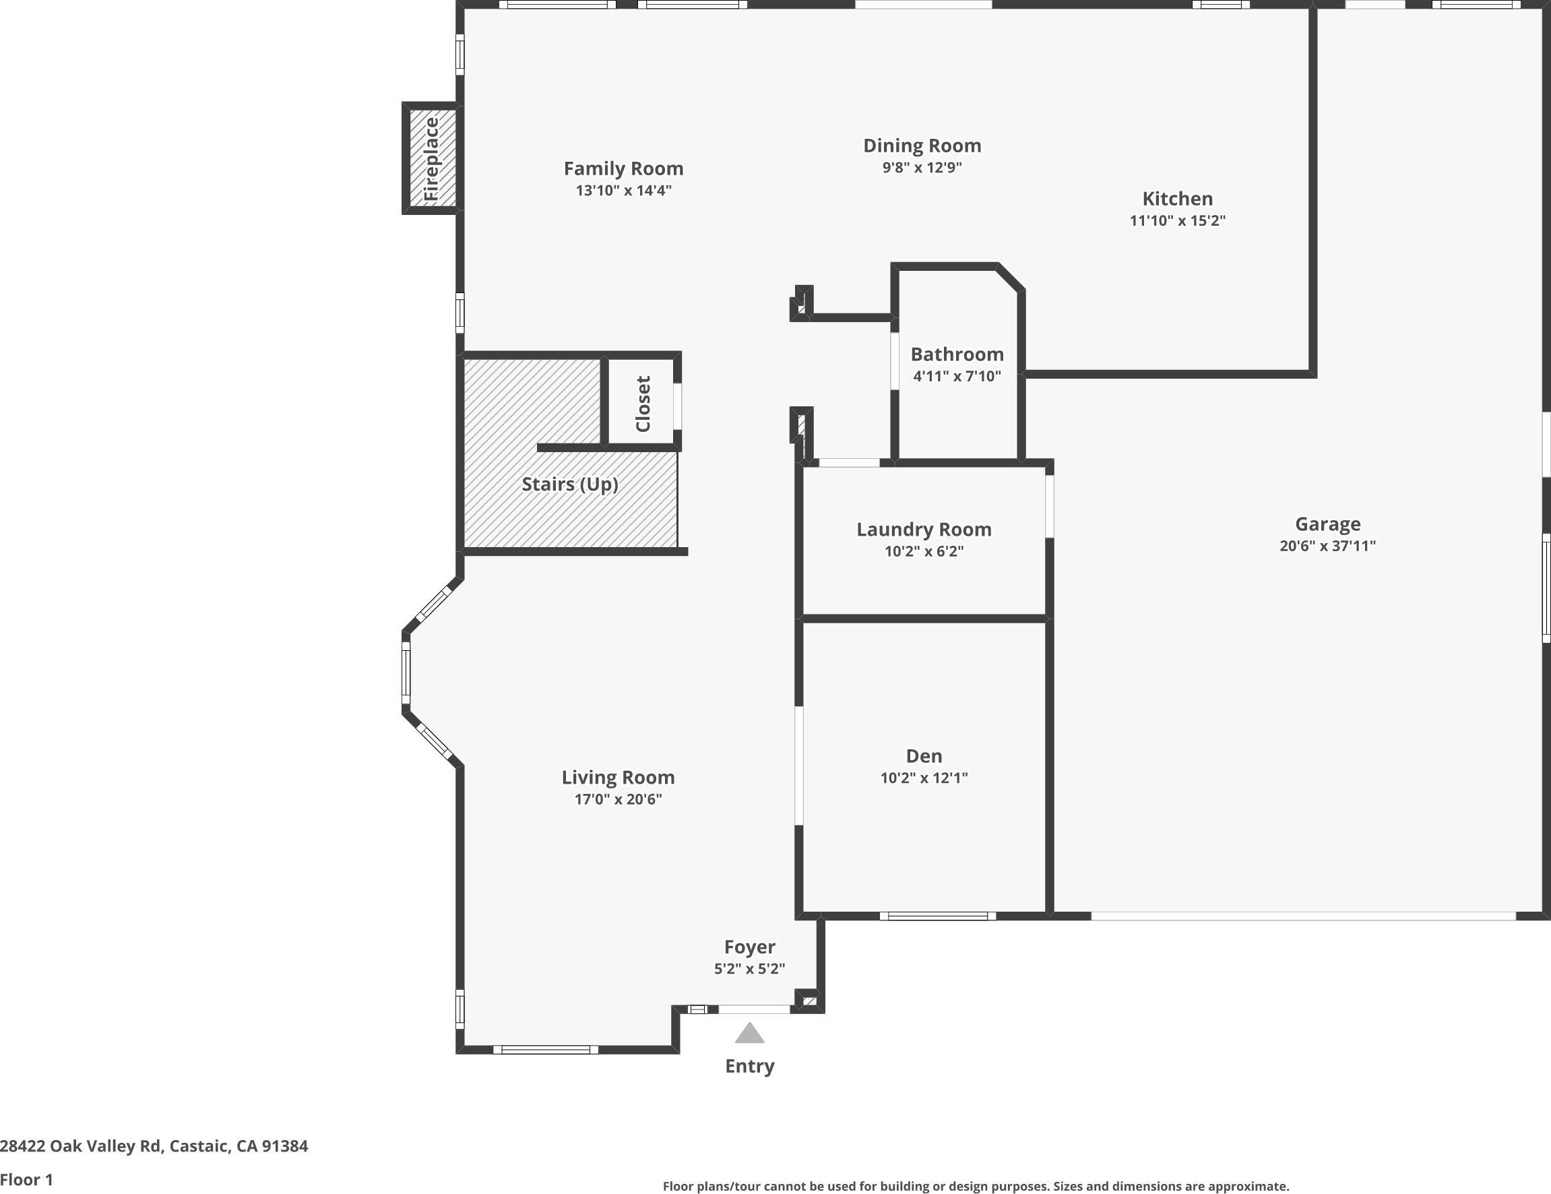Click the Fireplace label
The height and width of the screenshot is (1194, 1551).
431,158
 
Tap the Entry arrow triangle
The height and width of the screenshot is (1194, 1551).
749,1034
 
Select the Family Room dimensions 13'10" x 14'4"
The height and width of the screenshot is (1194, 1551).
623,191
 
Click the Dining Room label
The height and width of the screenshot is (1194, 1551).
922,146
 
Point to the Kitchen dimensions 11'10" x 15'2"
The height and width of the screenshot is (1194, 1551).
1178,221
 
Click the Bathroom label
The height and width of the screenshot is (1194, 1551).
957,354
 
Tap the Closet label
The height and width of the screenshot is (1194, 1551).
643,404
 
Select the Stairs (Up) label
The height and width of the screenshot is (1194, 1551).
569,484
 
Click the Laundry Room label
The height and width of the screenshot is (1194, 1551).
923,530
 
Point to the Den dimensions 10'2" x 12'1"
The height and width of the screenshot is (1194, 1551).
923,778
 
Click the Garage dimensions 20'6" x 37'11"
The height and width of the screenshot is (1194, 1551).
1327,546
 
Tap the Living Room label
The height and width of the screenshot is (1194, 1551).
618,778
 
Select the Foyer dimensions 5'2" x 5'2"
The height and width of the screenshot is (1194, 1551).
749,969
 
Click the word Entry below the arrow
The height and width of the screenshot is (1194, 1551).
749,1066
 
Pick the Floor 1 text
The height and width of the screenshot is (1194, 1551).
26,1180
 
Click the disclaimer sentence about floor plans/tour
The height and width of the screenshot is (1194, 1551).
976,1186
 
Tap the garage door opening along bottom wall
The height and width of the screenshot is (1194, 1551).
1302,916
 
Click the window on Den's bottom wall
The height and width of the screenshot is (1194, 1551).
937,916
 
